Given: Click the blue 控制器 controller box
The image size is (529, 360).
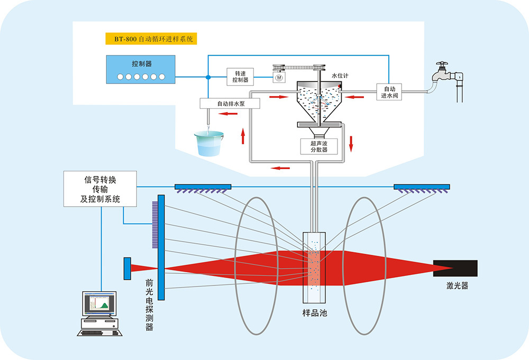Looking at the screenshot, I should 141,69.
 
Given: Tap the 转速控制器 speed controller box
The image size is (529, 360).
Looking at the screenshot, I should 240,77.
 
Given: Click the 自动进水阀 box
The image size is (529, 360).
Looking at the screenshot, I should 389,92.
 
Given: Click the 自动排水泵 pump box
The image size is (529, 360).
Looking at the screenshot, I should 230,104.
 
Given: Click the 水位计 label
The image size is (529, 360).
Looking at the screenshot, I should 339,76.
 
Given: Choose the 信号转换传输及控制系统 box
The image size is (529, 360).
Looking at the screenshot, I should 99,189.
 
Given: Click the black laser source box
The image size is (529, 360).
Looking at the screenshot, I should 455,268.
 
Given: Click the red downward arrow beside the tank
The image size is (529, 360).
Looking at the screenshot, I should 351,142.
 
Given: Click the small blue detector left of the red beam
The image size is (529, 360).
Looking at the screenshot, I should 127,268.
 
